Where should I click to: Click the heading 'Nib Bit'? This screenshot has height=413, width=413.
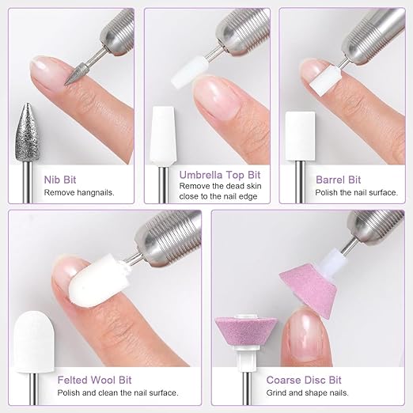coord(60,180)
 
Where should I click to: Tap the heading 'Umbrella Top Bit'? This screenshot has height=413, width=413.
coord(220,175)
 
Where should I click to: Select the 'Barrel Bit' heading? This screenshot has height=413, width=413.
coord(338,180)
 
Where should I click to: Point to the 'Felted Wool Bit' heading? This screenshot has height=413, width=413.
coord(94,380)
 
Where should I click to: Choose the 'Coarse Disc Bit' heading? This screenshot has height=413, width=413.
coord(304,380)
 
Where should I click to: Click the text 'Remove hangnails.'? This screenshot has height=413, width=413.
coord(79,192)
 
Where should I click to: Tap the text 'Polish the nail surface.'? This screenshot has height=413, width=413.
coord(356,192)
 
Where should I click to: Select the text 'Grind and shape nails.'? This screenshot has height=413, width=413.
coord(307,392)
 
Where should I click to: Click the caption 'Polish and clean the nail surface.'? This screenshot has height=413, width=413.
coord(118,392)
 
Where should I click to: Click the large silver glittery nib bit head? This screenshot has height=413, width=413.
coord(28,132)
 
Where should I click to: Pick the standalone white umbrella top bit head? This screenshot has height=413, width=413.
coord(162,136)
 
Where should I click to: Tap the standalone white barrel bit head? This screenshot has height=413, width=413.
coord(300,136)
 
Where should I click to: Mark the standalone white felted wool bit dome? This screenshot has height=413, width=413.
coord(34,342)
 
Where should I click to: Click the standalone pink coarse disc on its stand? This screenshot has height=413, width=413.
coord(246,331)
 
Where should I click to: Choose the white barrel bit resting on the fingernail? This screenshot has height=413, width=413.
coord(325,81)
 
